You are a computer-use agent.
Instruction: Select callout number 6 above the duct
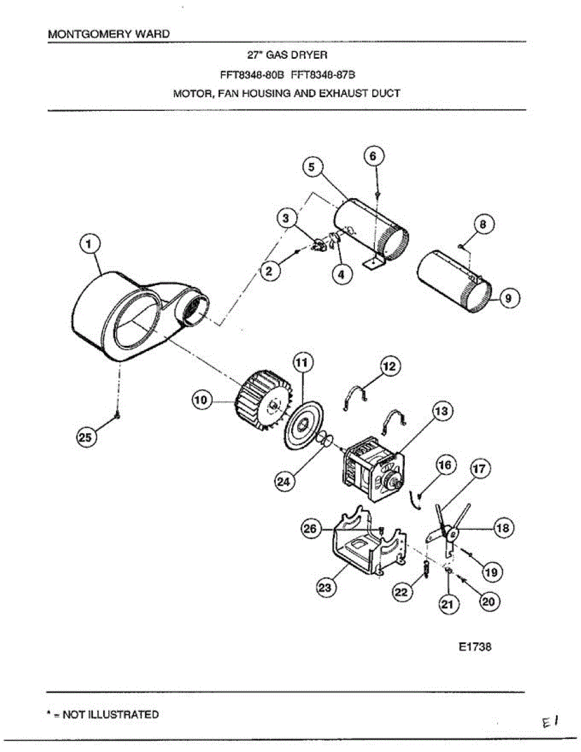373,157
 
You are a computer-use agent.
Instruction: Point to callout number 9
509,298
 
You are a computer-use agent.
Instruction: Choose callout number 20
489,601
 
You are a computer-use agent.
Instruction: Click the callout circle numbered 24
284,481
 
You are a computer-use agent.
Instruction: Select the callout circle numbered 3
286,217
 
